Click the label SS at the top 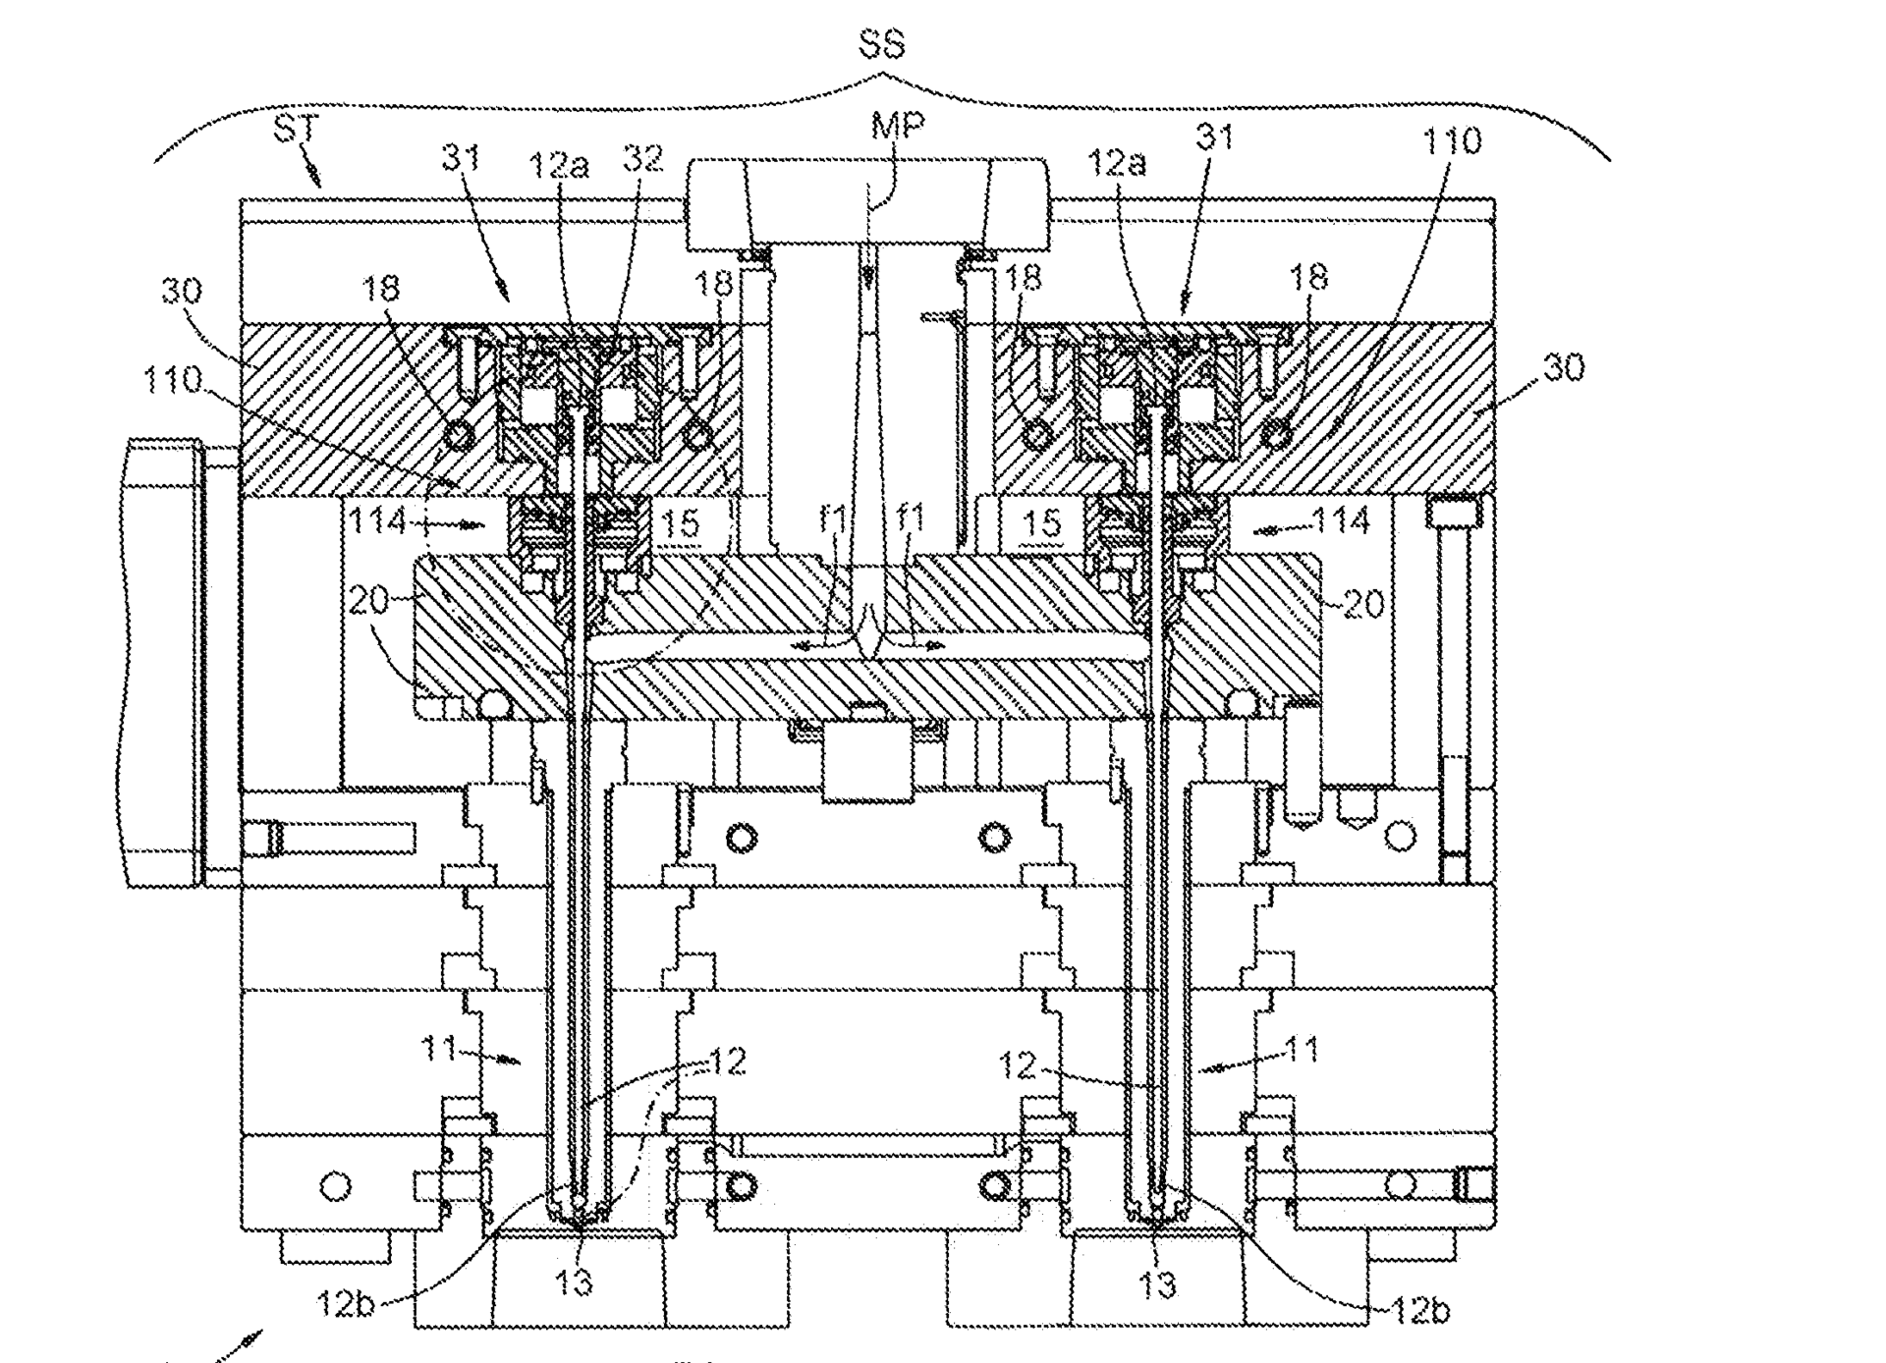pyautogui.click(x=881, y=45)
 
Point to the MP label pyautogui.click(x=898, y=127)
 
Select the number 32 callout pyautogui.click(x=643, y=158)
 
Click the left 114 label pyautogui.click(x=378, y=520)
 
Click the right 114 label pyautogui.click(x=1342, y=520)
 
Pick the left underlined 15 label pyautogui.click(x=681, y=524)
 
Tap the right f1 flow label pyautogui.click(x=912, y=517)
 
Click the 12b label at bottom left pyautogui.click(x=346, y=1303)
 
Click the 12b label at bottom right pyautogui.click(x=1420, y=1308)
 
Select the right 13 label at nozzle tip pyautogui.click(x=1158, y=1282)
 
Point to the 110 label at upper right pyautogui.click(x=1451, y=141)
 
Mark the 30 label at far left pyautogui.click(x=181, y=290)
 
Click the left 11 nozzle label pyautogui.click(x=439, y=1050)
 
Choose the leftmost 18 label pyautogui.click(x=381, y=288)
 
